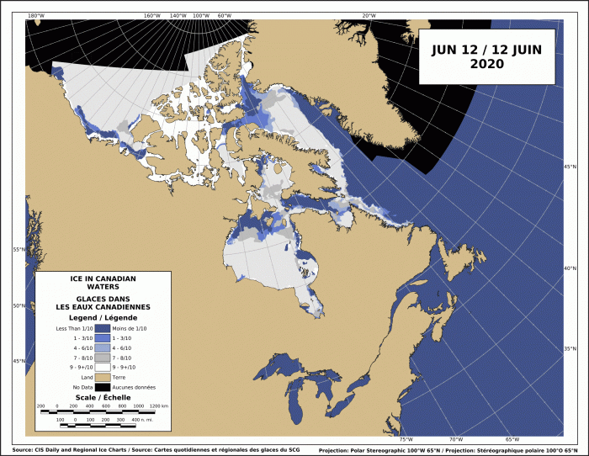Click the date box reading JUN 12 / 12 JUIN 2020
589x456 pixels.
tap(486, 56)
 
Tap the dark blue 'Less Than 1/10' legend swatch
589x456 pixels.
tap(103, 328)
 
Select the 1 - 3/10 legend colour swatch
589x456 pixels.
tap(103, 339)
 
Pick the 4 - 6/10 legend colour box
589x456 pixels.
tap(103, 348)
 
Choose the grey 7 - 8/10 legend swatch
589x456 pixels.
tap(103, 358)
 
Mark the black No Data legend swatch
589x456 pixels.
tap(103, 388)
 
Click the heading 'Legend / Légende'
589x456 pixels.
tap(102, 317)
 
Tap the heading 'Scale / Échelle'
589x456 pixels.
tap(102, 397)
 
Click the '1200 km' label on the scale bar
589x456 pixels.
tap(159, 406)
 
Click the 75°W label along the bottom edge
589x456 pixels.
tap(406, 439)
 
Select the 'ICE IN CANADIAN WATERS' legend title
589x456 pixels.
tap(102, 283)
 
